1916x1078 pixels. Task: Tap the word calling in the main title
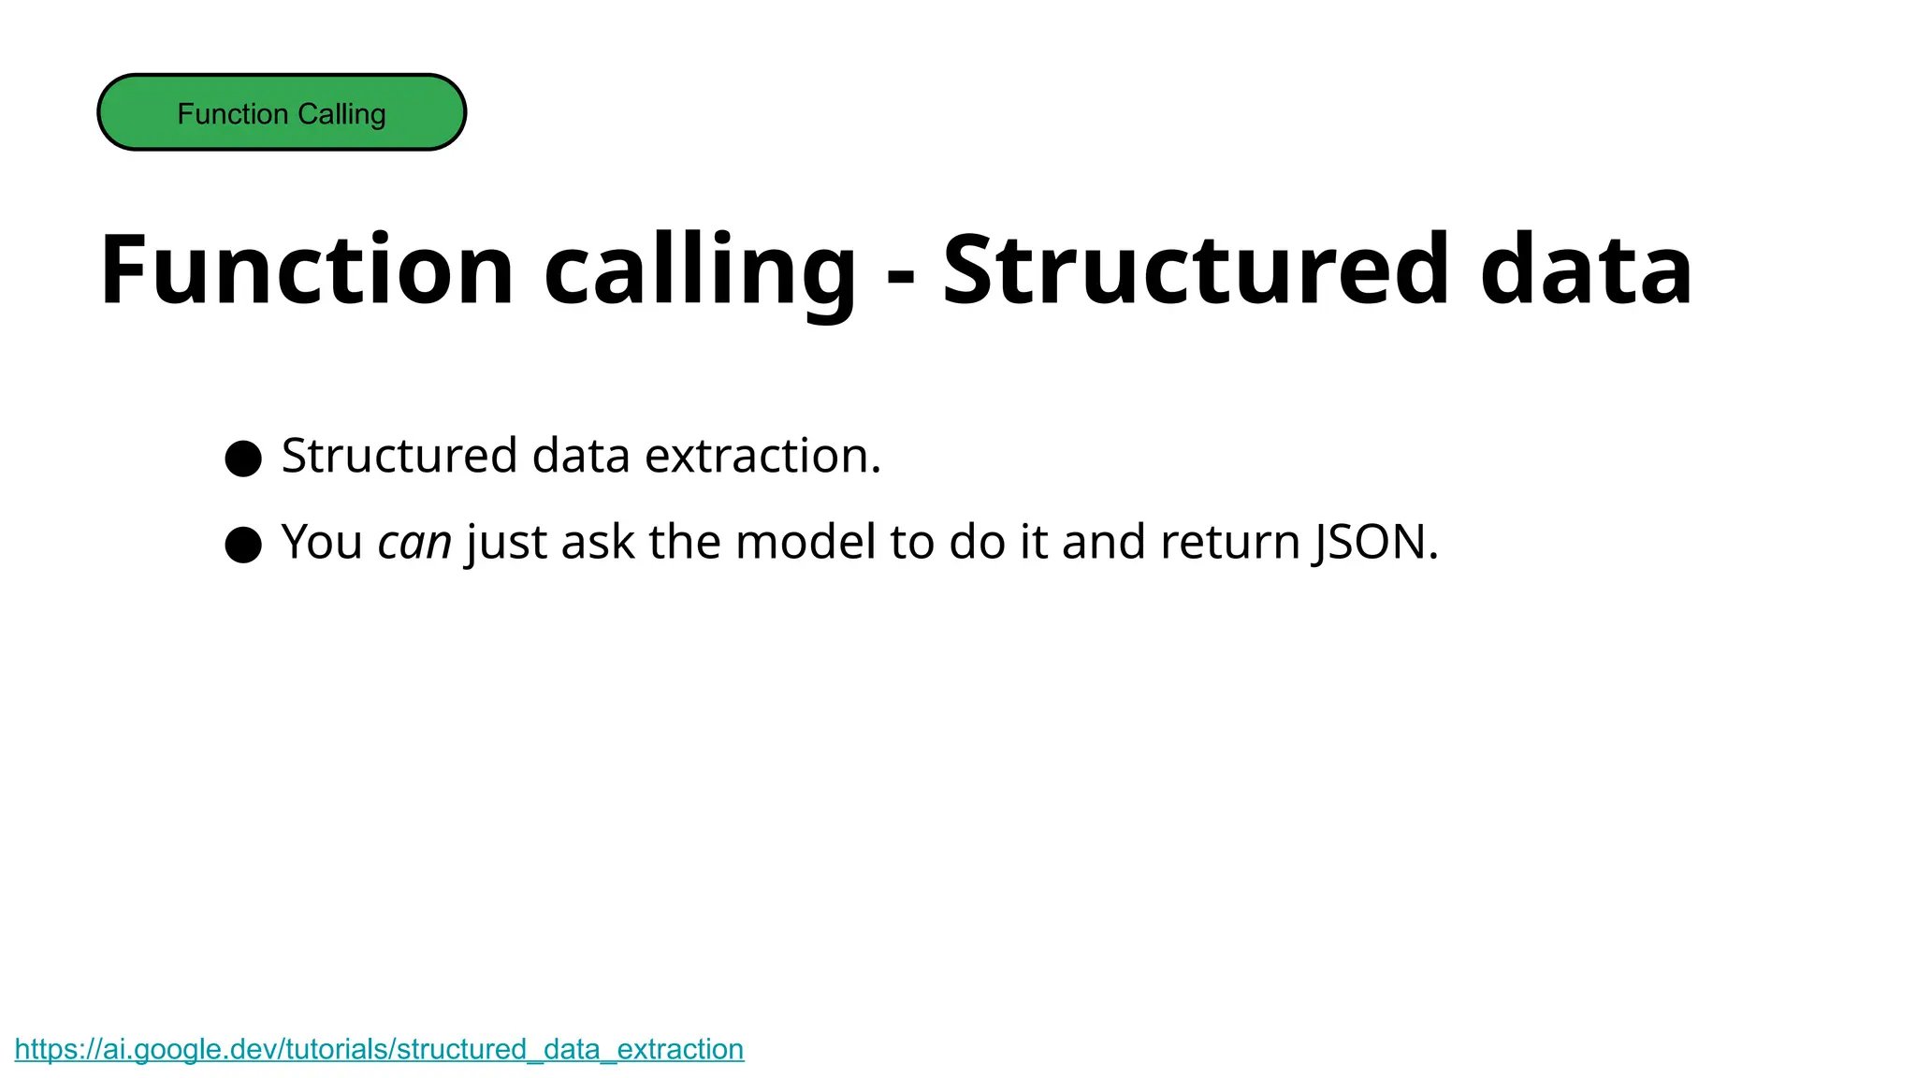[699, 270]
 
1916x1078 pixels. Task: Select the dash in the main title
[900, 276]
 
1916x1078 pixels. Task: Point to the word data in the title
[1586, 270]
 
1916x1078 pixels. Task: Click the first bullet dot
[243, 459]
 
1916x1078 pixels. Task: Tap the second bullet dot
[243, 545]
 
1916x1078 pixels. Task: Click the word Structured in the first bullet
[399, 457]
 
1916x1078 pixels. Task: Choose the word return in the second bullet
[1229, 543]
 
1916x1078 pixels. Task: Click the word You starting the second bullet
[322, 543]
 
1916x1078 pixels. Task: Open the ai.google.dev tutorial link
[379, 1049]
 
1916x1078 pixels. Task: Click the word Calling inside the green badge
[341, 114]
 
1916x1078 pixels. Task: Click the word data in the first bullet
[580, 457]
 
